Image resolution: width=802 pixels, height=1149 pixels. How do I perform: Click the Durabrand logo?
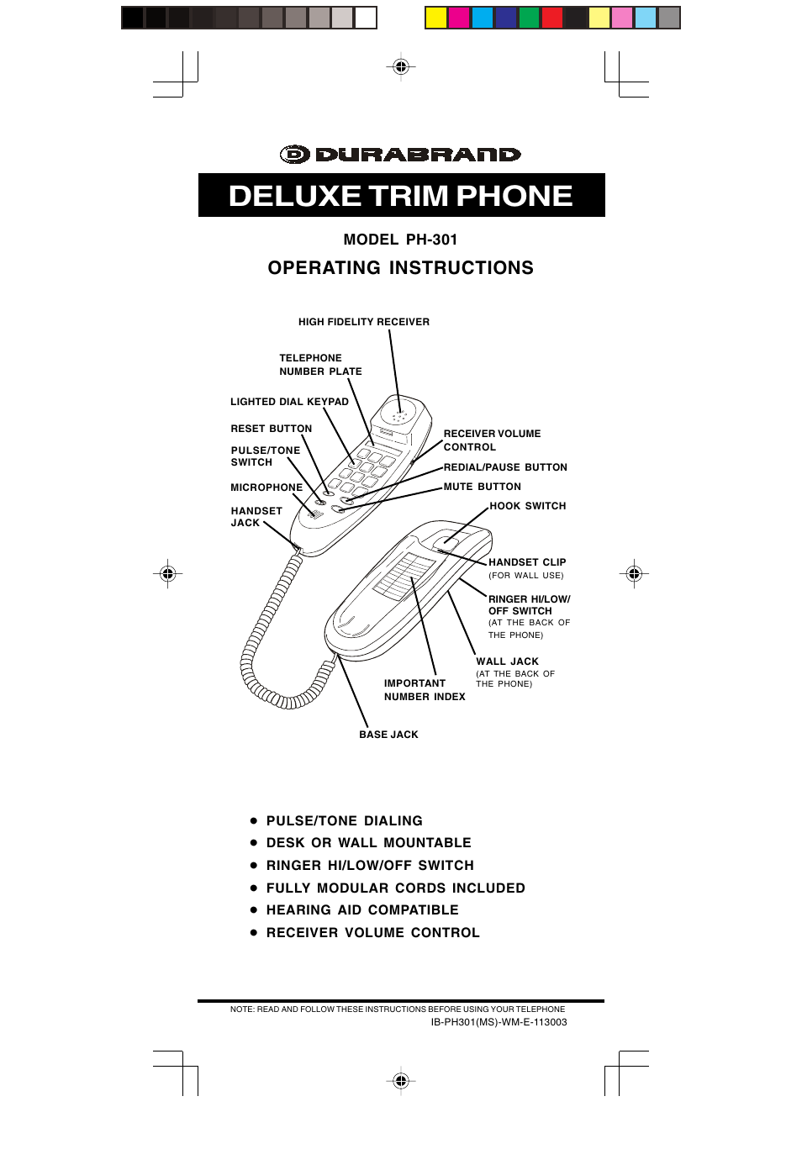[400, 155]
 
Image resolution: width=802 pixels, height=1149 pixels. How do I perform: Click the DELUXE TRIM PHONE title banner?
[401, 195]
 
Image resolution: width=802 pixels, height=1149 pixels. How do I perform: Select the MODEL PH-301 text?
[400, 240]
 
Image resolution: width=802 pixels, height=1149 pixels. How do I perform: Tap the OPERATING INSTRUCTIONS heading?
[401, 268]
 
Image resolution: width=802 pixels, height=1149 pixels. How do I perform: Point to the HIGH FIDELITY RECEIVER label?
[364, 322]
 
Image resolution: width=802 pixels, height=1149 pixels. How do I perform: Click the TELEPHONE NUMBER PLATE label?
[320, 364]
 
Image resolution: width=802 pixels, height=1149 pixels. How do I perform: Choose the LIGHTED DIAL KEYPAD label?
[289, 402]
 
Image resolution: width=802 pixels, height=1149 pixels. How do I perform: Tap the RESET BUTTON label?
[271, 429]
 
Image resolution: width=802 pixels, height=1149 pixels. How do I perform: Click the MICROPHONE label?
[266, 488]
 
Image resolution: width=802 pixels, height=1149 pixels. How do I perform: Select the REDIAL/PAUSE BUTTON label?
[505, 467]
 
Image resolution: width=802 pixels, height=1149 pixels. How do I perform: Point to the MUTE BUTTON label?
[483, 487]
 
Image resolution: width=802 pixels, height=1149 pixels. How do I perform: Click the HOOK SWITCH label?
[527, 506]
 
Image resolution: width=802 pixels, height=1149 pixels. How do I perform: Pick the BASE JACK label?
[388, 735]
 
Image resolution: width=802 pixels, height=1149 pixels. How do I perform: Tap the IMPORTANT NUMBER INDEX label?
[425, 690]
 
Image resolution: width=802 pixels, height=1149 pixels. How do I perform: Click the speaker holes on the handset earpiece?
[399, 416]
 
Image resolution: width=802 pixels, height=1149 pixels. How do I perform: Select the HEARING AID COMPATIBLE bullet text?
[362, 910]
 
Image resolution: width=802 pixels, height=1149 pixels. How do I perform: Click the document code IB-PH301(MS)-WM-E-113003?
[499, 1022]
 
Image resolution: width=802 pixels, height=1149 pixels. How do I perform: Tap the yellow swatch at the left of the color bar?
[436, 18]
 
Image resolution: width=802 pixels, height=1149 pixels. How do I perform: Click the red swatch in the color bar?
[552, 18]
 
